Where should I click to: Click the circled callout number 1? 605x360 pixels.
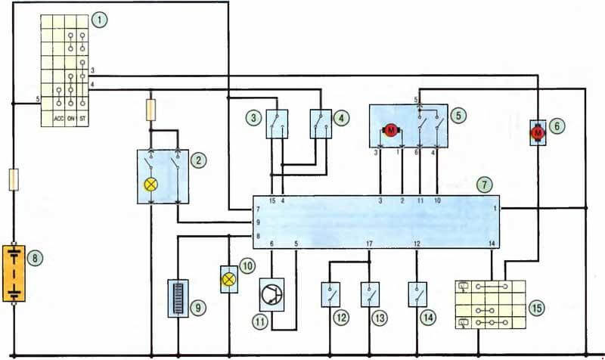click(x=100, y=20)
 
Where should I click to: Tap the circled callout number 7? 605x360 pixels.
click(x=484, y=185)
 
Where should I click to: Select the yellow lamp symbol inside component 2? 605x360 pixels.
click(x=150, y=185)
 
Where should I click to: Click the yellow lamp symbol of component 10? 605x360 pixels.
click(x=229, y=279)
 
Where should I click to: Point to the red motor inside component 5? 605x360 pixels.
click(x=391, y=130)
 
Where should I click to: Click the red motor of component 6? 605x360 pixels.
click(x=538, y=133)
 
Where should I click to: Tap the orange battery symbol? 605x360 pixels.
click(x=14, y=273)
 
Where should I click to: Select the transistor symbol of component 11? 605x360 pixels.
click(x=271, y=295)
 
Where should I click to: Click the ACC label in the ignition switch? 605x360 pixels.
click(x=59, y=119)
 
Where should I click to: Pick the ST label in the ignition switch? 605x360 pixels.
click(x=82, y=119)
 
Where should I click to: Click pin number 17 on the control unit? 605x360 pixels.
click(x=369, y=244)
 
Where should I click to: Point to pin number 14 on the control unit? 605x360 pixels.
click(x=492, y=244)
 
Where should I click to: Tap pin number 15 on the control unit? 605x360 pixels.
click(x=272, y=200)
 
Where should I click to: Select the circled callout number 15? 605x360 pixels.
click(x=537, y=308)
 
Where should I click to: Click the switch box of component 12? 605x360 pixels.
click(x=330, y=295)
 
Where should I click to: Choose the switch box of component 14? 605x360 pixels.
click(x=417, y=295)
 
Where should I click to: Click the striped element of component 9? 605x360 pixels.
click(x=178, y=298)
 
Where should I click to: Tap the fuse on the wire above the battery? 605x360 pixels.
click(x=14, y=179)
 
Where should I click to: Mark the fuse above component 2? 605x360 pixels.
click(x=150, y=110)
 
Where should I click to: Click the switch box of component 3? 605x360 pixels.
click(x=277, y=124)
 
